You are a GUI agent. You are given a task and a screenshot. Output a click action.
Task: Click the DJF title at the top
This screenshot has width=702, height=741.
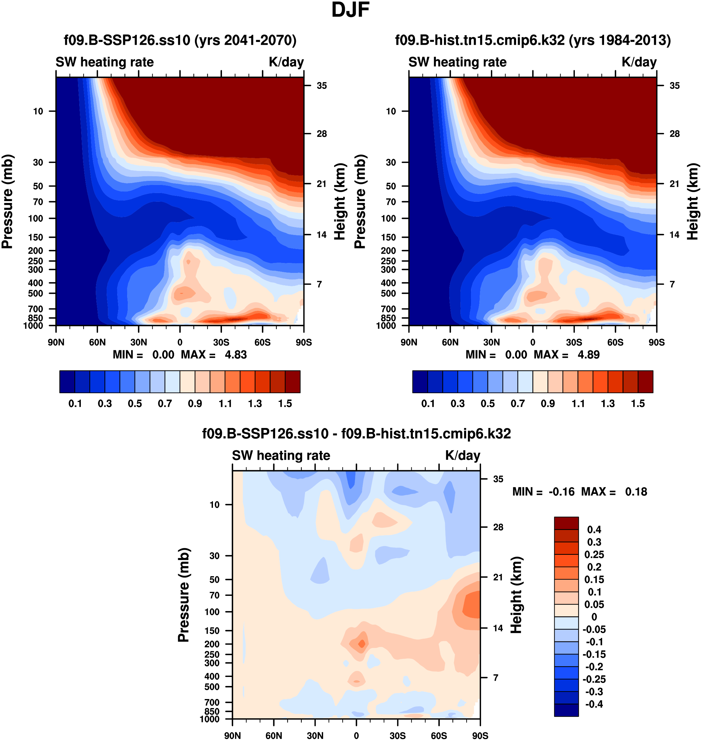[350, 10]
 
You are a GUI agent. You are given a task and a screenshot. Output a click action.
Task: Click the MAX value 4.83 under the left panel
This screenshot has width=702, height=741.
[236, 355]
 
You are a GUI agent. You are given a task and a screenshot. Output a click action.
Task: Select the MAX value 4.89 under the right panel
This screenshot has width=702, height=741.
[589, 355]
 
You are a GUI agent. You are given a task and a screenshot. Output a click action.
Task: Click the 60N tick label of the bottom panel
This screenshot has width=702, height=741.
[274, 735]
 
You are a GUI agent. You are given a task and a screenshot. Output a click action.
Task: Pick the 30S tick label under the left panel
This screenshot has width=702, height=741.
[221, 342]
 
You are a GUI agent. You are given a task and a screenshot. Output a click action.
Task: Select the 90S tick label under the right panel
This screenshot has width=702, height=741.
[657, 342]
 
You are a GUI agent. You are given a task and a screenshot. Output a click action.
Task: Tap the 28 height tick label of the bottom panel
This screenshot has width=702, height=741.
[498, 527]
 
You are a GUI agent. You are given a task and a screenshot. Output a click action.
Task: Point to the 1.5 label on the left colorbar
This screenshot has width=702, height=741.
[285, 404]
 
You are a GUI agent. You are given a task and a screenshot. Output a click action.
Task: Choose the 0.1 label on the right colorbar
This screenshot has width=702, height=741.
[428, 404]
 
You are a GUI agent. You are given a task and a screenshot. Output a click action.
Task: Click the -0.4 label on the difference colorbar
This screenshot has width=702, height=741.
[594, 704]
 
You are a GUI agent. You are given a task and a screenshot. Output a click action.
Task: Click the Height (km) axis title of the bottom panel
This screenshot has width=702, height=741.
[516, 595]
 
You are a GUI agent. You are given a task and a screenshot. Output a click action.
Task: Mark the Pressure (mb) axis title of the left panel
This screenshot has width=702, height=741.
[7, 202]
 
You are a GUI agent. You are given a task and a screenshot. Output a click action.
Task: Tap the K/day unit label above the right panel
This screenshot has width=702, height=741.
[639, 62]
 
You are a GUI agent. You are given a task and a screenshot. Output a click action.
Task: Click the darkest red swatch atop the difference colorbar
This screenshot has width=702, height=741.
[566, 523]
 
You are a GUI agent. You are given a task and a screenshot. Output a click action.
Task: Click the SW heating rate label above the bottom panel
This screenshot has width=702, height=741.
[281, 456]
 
